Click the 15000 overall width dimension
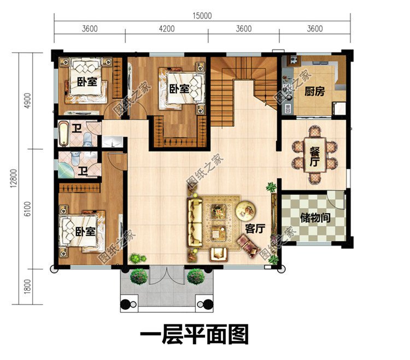click(202, 16)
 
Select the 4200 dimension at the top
click(167, 29)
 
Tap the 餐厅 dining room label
click(314, 155)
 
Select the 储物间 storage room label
click(315, 217)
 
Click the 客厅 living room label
click(255, 229)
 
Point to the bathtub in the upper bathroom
click(64, 134)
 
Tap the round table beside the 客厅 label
click(246, 209)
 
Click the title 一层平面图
click(194, 334)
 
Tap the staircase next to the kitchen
click(245, 82)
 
